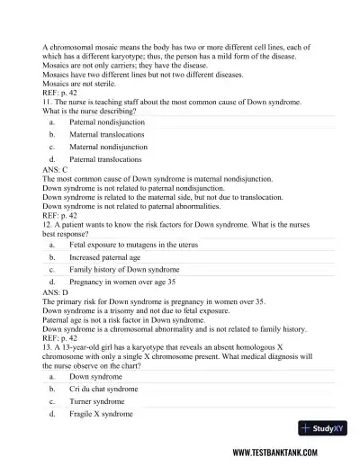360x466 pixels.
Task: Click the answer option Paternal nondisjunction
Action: (x=107, y=121)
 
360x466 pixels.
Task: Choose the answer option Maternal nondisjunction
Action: (x=109, y=146)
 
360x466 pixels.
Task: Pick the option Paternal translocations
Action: (x=106, y=158)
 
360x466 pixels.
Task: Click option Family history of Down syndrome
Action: (x=124, y=269)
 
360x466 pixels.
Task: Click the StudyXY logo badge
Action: (x=328, y=429)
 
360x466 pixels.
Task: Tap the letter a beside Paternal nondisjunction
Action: (x=52, y=121)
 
